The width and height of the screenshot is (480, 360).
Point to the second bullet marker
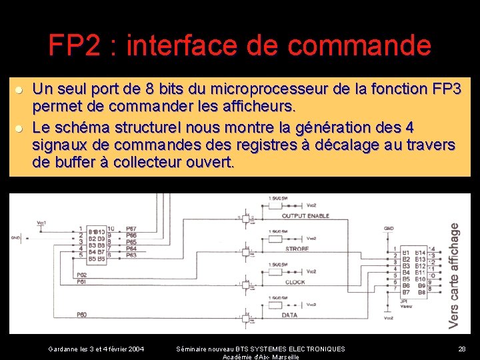pos(20,128)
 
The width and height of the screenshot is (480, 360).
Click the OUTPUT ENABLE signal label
pos(305,216)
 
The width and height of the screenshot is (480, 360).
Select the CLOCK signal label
pos(295,282)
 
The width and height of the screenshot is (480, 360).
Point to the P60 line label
pos(81,314)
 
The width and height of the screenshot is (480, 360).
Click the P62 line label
pos(81,274)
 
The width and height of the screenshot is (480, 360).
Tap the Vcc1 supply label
pos(42,223)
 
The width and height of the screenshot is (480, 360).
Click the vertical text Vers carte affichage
pos(455,275)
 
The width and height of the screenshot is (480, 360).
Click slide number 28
pos(461,349)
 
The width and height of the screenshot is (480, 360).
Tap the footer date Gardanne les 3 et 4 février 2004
pos(96,349)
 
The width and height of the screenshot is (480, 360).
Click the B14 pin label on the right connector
pos(420,252)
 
